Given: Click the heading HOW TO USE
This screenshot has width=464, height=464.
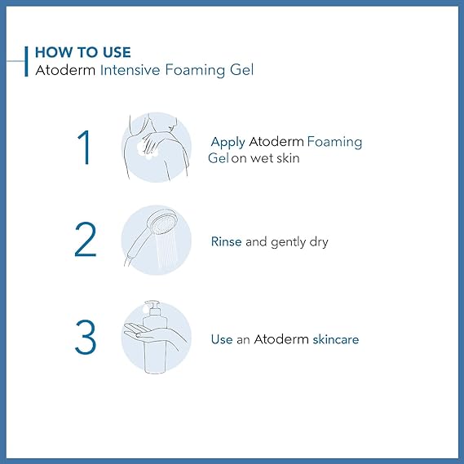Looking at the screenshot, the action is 83,52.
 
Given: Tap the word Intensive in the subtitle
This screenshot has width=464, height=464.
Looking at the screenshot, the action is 130,70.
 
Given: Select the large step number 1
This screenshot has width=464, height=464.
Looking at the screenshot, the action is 85,147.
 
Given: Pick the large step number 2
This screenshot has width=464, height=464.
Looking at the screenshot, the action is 86,239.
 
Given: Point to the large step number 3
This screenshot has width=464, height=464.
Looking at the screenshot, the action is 86,337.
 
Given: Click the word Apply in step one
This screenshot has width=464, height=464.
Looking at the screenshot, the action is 228,143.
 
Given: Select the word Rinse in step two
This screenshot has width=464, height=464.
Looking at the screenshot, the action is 227,241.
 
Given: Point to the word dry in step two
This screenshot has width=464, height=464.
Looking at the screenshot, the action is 319,242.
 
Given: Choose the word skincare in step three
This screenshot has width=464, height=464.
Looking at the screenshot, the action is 336,339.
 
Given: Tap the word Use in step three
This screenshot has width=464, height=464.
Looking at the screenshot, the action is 222,339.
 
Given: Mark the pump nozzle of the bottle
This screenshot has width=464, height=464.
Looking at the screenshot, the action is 152,304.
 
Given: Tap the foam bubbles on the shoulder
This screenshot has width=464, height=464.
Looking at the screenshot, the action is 147,150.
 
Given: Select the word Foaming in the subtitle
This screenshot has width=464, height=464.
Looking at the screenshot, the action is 195,70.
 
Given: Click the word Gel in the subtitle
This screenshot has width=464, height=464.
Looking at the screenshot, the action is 242,70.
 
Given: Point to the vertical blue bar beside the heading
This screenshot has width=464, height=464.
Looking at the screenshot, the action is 26,61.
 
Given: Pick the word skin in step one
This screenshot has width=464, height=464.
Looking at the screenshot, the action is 288,157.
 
